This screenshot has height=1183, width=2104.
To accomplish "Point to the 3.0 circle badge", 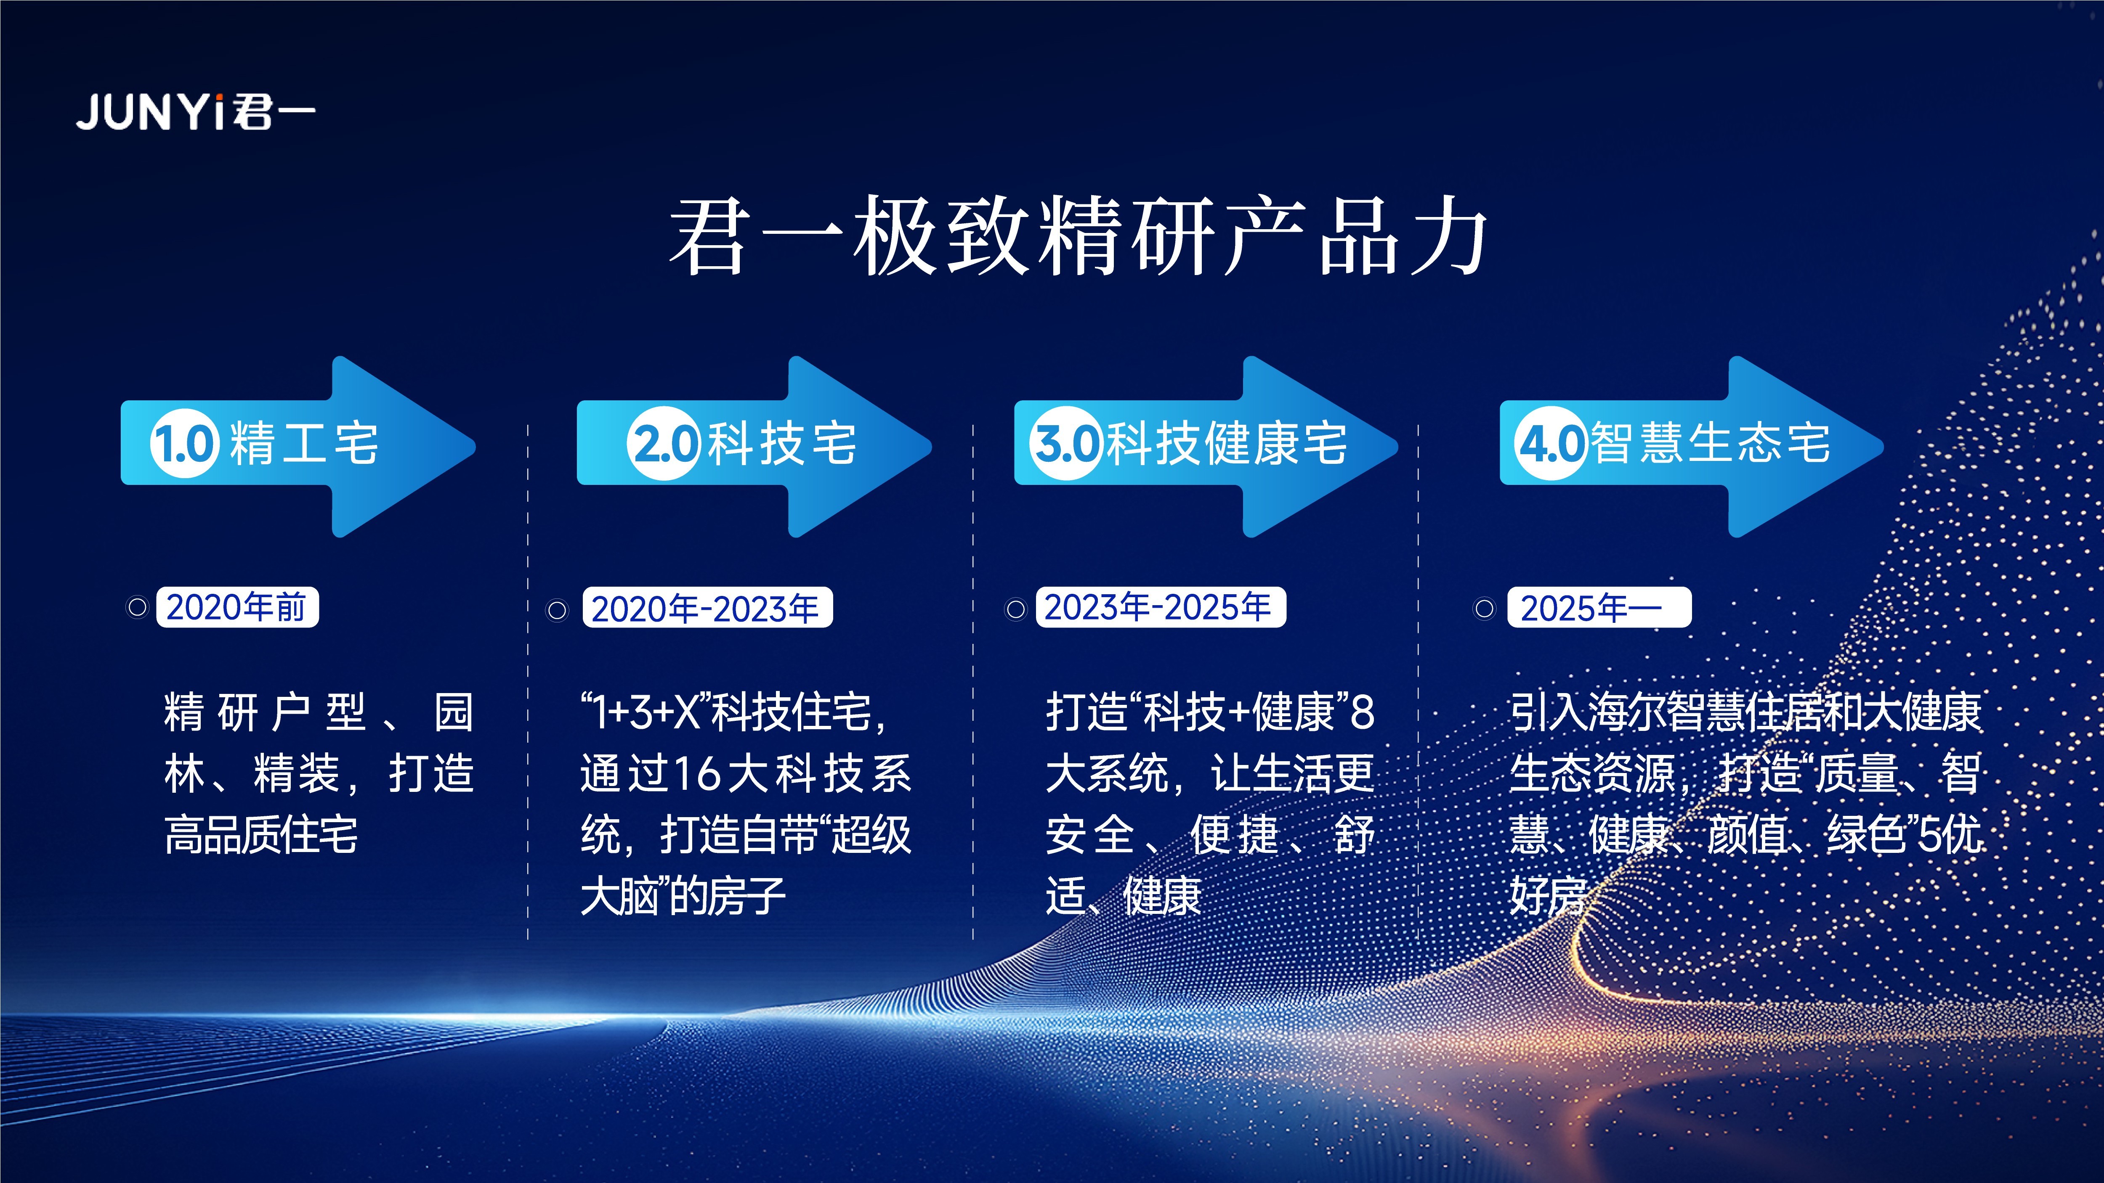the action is point(1066,443).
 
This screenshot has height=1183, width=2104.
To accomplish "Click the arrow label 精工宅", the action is point(304,443).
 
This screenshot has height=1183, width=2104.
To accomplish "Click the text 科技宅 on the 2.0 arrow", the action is point(782,443).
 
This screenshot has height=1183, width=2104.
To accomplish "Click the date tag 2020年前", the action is point(237,607).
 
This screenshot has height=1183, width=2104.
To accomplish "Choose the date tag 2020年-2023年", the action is point(707,607).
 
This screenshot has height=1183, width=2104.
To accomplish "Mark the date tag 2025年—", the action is point(1599,607).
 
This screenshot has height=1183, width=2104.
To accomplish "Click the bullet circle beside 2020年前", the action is point(137,607).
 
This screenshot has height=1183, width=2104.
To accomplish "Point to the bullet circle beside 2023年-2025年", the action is point(1015,609).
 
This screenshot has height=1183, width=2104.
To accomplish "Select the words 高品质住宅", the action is point(261,834).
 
